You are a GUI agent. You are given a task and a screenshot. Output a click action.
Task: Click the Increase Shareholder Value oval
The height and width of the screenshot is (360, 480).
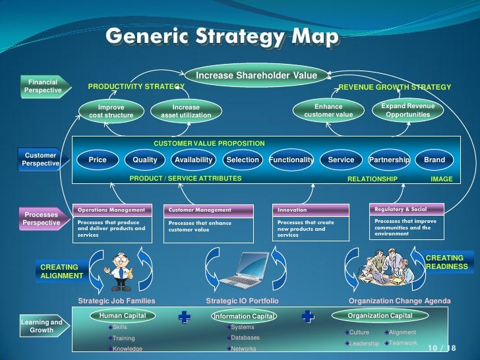tap(256, 76)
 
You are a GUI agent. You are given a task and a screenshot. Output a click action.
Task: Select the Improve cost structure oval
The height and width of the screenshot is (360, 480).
tap(111, 111)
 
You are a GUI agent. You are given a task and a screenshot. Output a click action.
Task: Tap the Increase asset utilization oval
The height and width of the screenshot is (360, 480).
tap(186, 111)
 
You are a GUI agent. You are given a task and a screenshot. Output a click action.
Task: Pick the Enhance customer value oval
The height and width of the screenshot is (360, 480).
tap(328, 111)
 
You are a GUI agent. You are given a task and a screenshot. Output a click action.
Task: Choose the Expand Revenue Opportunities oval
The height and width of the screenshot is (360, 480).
tap(407, 110)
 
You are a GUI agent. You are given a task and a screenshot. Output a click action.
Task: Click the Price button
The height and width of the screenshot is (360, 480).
tap(98, 160)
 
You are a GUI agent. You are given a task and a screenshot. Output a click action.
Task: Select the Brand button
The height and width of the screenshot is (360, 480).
tap(435, 160)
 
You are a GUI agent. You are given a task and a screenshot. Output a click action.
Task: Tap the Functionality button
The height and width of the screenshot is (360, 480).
tap(291, 160)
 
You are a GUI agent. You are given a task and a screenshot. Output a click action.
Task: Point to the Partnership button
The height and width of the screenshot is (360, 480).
tap(389, 160)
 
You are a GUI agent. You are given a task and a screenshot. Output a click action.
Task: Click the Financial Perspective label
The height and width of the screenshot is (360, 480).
tap(43, 86)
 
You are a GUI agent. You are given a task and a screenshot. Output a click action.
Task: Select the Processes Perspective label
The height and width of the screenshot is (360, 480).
tap(41, 218)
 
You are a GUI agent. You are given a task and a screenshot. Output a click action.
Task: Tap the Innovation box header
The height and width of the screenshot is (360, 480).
tap(311, 210)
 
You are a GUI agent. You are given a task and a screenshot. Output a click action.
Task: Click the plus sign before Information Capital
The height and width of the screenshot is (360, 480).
tap(185, 318)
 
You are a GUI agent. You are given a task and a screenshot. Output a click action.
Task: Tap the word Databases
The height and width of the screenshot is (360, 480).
tap(245, 338)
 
